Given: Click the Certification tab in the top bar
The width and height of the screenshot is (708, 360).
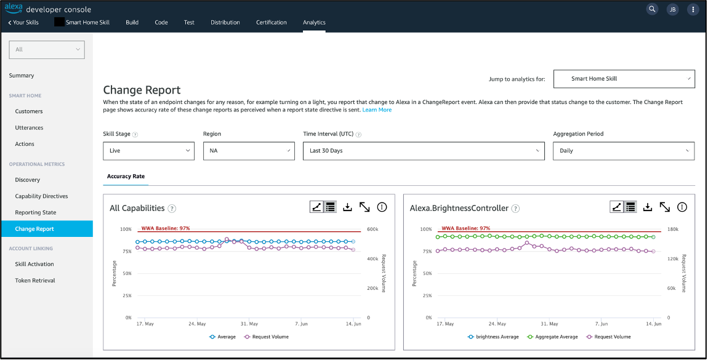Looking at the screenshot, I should click(x=272, y=22).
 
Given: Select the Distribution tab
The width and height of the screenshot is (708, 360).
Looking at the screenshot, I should click(x=225, y=22).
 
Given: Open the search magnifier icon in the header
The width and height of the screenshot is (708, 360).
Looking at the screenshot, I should click(x=652, y=9).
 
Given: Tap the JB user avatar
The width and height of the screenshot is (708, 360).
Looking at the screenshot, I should click(x=672, y=9).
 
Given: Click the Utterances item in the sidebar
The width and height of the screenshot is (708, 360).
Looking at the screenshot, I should click(x=29, y=127).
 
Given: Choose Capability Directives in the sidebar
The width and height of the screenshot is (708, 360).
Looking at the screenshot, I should click(x=41, y=196).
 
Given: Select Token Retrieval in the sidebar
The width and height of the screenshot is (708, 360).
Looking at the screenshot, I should click(x=35, y=281).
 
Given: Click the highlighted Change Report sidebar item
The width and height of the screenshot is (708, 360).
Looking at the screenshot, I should click(x=34, y=229).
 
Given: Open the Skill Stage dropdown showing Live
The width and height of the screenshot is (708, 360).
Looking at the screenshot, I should click(x=149, y=151).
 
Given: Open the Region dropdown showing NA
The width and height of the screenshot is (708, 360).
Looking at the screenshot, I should click(x=249, y=151).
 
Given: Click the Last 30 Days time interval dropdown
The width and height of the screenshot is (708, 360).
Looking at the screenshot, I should click(x=424, y=151).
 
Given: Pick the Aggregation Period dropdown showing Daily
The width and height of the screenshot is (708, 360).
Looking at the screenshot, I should click(x=624, y=151).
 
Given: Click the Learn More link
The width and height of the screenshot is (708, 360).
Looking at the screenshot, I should click(x=377, y=110).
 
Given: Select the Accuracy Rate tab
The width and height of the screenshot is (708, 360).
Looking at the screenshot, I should click(x=126, y=176).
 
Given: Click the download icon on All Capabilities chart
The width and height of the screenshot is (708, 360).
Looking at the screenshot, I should click(x=347, y=207).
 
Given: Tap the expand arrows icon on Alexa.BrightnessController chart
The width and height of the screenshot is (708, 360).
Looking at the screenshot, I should click(x=664, y=207).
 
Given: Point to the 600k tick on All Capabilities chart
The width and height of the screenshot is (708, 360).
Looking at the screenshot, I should click(x=372, y=230).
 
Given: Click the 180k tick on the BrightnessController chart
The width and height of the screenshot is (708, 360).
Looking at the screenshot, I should click(x=673, y=230).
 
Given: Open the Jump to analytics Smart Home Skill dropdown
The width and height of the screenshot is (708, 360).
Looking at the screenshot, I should click(x=624, y=79).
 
